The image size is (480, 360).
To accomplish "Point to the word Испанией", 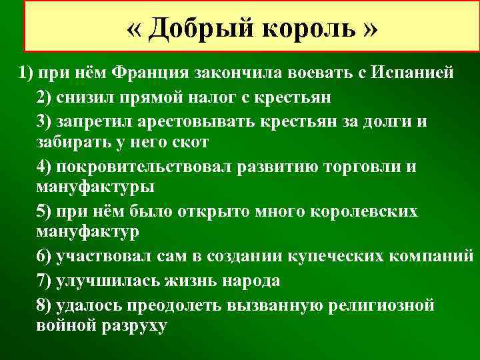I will click(x=415, y=73).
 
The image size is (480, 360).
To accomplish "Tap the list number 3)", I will click(x=47, y=121).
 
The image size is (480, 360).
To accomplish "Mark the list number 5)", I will click(x=47, y=211).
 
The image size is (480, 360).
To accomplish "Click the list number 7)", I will click(x=47, y=281).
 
